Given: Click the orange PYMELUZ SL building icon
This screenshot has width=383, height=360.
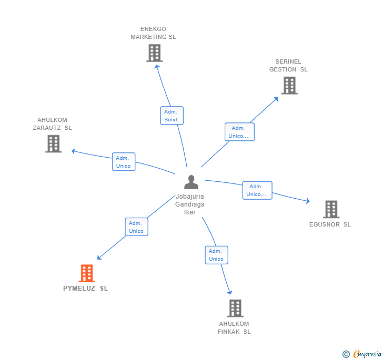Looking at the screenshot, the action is click(x=86, y=273).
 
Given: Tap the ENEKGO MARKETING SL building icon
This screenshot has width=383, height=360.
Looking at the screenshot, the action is click(x=154, y=53).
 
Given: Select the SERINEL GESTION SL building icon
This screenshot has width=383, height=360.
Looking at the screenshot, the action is click(x=289, y=85).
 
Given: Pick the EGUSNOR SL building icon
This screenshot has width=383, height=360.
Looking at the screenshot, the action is click(x=331, y=209).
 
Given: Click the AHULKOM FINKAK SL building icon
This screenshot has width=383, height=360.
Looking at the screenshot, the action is click(x=235, y=308).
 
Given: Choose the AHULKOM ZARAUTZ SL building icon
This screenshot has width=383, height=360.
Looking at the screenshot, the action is click(x=53, y=143).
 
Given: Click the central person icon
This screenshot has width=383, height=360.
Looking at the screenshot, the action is click(x=191, y=182).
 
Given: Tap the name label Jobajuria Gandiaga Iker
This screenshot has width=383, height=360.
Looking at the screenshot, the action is click(x=190, y=204).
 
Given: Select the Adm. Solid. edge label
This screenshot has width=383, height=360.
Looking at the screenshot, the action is click(x=172, y=116).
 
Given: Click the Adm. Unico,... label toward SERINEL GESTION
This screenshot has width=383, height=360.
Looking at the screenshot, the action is click(x=239, y=132).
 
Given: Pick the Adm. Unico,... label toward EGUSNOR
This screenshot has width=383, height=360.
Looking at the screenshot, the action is click(x=257, y=190).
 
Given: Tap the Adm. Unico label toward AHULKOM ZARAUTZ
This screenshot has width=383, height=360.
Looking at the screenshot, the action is click(x=124, y=162).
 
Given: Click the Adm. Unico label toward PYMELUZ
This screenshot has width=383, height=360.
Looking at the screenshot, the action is click(x=136, y=227).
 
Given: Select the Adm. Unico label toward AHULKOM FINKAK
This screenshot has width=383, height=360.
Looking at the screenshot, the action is click(x=216, y=255).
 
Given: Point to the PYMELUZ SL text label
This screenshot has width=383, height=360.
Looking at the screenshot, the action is click(x=85, y=289).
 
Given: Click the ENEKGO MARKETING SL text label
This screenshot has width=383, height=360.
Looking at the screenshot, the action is click(x=153, y=33).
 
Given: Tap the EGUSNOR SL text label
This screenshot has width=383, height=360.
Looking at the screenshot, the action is click(x=330, y=225).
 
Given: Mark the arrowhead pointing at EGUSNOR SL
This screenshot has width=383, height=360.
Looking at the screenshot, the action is click(x=308, y=201).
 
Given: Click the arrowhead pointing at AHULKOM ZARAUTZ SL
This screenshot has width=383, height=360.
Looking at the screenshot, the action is click(x=74, y=151).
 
